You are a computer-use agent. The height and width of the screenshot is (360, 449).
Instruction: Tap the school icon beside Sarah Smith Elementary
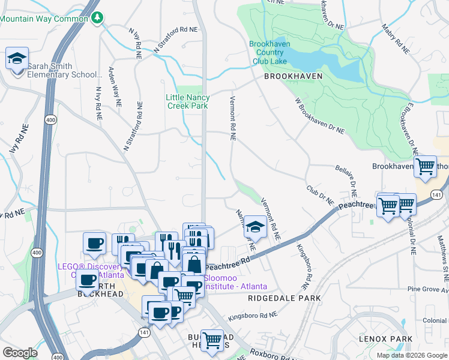click(x=17, y=59)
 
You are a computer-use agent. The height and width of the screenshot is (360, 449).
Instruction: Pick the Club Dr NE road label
click(x=320, y=196)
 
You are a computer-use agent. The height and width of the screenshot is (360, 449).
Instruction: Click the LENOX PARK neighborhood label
click(x=385, y=339)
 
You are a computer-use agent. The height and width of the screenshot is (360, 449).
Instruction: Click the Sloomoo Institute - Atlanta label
click(x=235, y=282)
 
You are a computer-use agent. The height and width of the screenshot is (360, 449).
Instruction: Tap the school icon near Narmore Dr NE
click(x=256, y=227)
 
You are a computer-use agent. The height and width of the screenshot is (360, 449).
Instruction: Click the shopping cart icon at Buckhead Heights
click(x=212, y=340)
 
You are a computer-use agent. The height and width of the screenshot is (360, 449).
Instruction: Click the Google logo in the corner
click(x=20, y=353)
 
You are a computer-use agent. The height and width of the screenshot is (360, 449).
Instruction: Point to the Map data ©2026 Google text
click(x=411, y=355)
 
